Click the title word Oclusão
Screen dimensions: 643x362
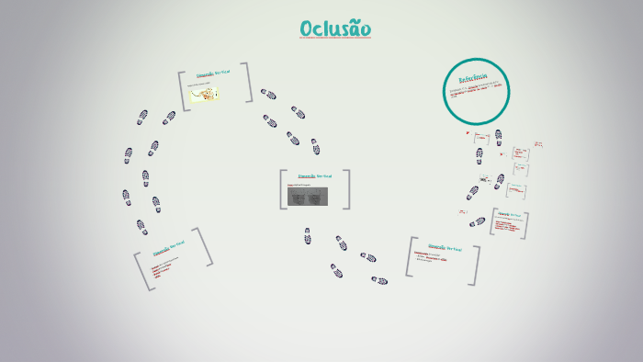pos(335,29)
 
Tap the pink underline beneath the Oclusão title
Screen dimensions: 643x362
pos(335,40)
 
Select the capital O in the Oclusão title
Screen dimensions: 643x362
pos(308,29)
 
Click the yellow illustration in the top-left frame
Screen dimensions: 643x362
pos(204,94)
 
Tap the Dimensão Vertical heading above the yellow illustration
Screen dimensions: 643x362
pos(214,74)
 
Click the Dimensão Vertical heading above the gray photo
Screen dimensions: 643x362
pos(314,175)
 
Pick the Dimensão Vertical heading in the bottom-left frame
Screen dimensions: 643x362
pos(169,248)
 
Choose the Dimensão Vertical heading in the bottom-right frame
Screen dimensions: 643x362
pos(444,246)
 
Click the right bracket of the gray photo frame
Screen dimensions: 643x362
pos(347,189)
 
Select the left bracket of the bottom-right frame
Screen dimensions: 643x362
pos(410,257)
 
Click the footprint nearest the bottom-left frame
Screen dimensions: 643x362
pos(141,227)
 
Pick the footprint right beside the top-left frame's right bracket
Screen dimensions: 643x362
pos(268,94)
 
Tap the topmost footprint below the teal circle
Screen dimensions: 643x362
pos(498,135)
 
